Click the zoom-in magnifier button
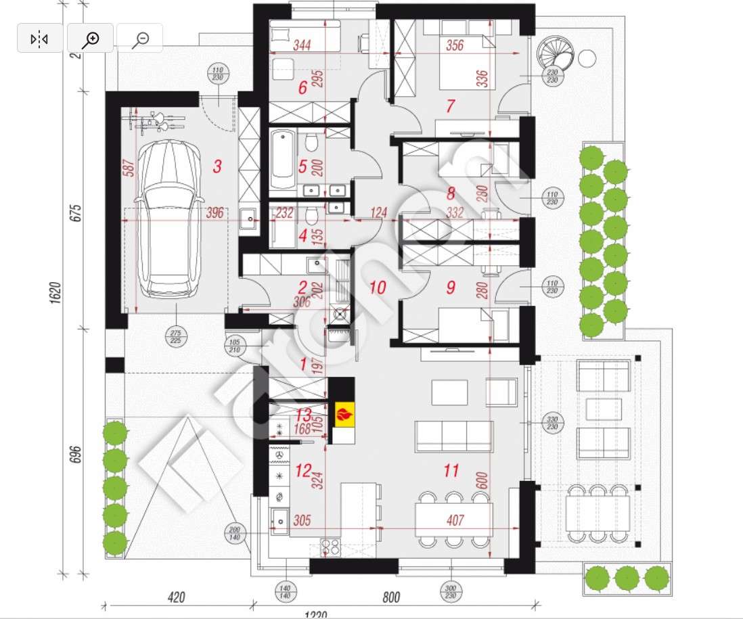point(90,39)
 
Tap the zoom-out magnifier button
point(140,39)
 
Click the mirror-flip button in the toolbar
point(40,39)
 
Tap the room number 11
point(451,471)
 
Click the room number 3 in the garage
point(217,166)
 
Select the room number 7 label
point(451,106)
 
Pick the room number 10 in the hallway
point(378,288)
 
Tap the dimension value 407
point(456,521)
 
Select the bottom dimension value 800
point(391,597)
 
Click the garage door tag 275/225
point(177,336)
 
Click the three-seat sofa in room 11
point(453,436)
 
